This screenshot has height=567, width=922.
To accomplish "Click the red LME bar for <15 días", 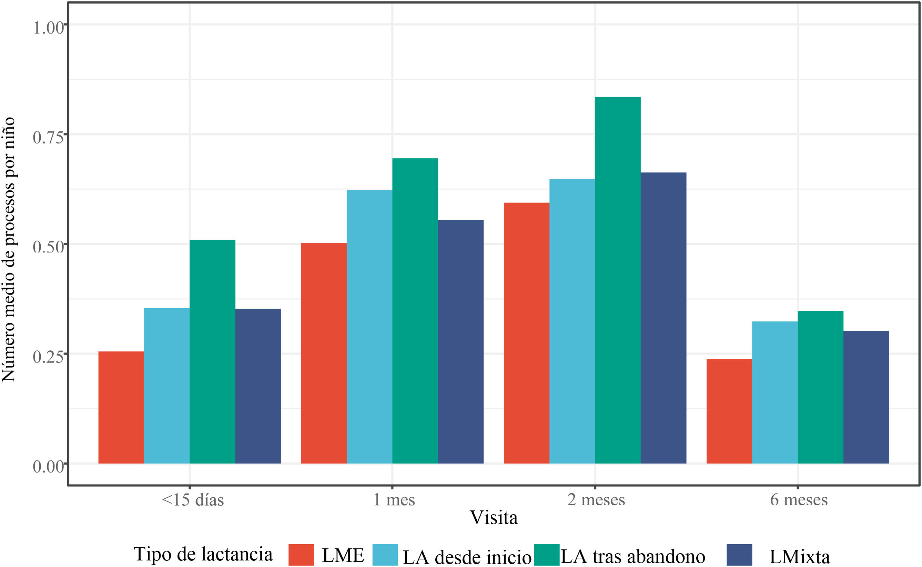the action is point(121,407).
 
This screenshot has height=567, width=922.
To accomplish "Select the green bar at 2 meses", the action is point(618,280).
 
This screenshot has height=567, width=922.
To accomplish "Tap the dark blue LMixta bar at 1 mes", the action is point(461,342).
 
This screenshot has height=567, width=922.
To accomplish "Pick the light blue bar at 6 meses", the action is point(775,392).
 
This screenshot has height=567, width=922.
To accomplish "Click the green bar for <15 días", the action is point(212,351).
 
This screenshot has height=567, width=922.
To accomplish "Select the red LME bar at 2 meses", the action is point(527,333).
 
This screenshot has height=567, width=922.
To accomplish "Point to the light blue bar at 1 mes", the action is point(369,327).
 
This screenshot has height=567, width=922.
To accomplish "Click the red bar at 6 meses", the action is point(729,411).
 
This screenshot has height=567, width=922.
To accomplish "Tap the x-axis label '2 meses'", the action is point(596,499).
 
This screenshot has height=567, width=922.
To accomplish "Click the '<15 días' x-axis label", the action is point(193,499).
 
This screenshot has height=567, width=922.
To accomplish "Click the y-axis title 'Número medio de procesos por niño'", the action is point(8,250).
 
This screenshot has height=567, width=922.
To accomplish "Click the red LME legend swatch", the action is point(301,555).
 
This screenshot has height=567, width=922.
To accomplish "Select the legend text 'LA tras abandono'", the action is point(633,556).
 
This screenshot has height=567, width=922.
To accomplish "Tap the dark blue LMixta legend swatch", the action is point(740,555).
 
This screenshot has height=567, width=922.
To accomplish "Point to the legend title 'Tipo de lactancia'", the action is point(203,554).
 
